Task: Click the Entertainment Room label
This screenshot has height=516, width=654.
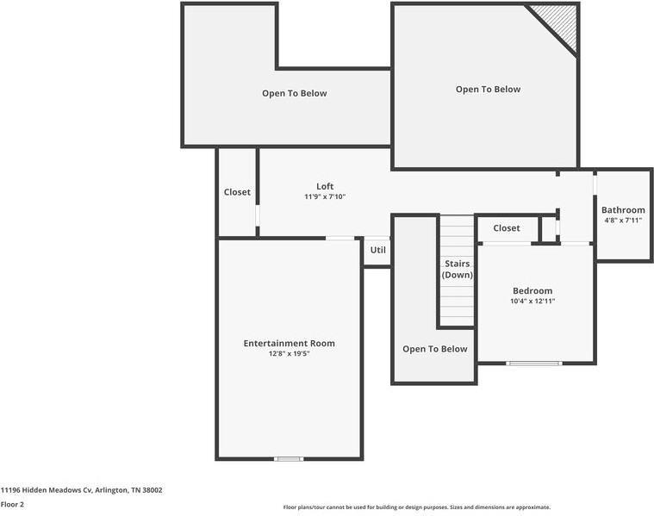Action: click(289, 343)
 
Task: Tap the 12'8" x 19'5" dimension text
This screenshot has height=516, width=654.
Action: click(289, 354)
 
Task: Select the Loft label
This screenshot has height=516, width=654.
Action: click(325, 186)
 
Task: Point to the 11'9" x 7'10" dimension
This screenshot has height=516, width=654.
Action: click(325, 197)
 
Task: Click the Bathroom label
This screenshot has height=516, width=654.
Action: click(623, 210)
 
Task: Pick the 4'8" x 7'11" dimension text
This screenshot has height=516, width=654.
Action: click(623, 221)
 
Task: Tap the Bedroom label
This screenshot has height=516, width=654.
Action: click(533, 291)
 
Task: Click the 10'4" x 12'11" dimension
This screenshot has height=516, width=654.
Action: click(533, 302)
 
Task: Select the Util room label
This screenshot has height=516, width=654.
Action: click(378, 250)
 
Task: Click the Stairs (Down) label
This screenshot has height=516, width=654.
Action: click(458, 269)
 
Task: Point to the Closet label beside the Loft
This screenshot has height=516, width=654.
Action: click(237, 192)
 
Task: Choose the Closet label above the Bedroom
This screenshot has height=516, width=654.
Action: click(507, 228)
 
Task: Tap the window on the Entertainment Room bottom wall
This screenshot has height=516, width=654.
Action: click(289, 458)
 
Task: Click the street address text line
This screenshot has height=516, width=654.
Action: click(81, 490)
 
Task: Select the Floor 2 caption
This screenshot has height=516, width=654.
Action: click(12, 504)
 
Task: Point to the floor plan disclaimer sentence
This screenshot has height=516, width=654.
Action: click(416, 507)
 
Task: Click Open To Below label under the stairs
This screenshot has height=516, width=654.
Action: click(435, 349)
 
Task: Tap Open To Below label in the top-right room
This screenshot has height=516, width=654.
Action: click(488, 89)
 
